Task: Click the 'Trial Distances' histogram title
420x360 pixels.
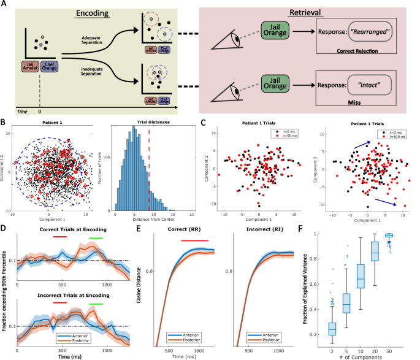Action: click(153, 126)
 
